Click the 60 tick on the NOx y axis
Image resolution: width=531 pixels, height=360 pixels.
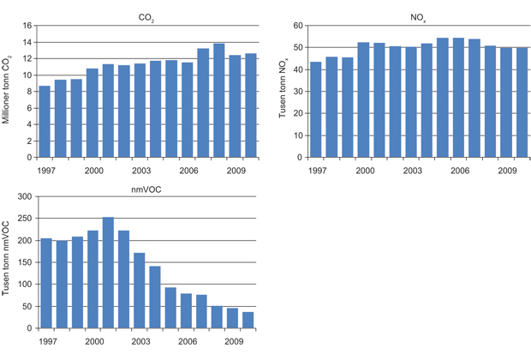click(300, 26)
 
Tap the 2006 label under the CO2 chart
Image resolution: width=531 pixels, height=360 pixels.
click(189, 171)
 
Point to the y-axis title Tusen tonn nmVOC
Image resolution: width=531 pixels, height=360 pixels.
click(8, 261)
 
